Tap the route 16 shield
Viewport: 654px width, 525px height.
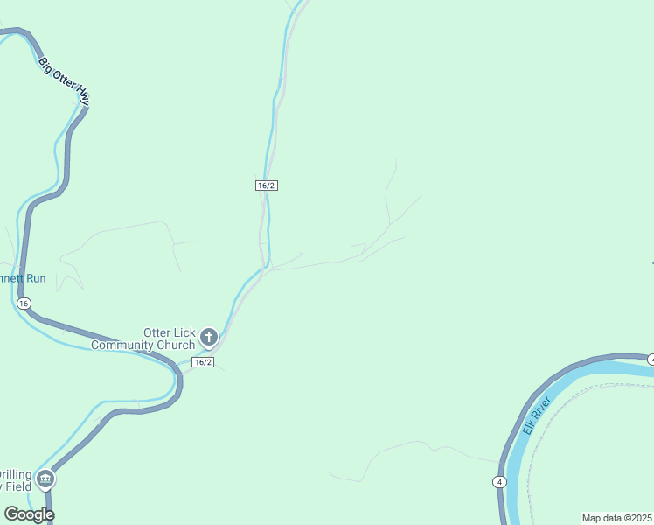coord(24,303)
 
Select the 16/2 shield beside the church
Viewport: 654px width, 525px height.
coord(203,361)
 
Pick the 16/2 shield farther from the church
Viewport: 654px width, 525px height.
coord(267,185)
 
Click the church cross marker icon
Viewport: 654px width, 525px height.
coord(209,337)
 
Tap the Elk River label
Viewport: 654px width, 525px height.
coord(537,416)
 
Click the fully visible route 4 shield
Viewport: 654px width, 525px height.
coord(498,482)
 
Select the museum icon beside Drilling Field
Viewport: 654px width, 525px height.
coord(45,479)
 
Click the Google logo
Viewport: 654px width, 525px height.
coord(29,514)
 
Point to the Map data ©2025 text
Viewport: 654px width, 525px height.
coord(617,518)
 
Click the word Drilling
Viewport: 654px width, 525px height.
coord(16,473)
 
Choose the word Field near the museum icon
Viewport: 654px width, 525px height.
coord(17,486)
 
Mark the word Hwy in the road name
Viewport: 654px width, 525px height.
coord(83,94)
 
